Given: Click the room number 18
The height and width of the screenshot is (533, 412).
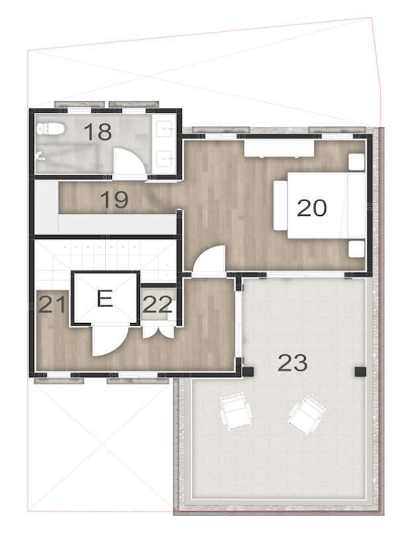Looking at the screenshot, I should (x=97, y=132).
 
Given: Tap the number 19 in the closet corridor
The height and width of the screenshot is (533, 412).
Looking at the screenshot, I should (x=113, y=199).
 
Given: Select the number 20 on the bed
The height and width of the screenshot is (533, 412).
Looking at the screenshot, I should (x=312, y=208).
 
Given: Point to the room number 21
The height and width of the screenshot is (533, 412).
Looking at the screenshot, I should (x=52, y=305).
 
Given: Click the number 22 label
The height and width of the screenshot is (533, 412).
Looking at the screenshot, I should (x=158, y=305).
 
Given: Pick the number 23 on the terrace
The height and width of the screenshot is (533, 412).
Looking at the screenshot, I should (x=293, y=362).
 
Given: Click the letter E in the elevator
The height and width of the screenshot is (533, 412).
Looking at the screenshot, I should (x=104, y=299).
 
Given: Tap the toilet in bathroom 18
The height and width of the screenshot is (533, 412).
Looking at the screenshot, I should (x=52, y=130).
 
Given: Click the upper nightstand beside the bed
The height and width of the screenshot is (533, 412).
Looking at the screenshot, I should (x=356, y=162).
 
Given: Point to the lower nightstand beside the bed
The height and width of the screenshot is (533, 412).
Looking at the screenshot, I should (x=356, y=249).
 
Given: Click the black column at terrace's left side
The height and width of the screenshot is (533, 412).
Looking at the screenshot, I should (x=248, y=372).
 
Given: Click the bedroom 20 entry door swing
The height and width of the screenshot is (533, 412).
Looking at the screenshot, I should (x=213, y=260).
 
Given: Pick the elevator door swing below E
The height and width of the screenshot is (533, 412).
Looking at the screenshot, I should (x=107, y=339).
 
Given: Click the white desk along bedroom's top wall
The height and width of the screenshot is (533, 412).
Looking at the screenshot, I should (x=278, y=147).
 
